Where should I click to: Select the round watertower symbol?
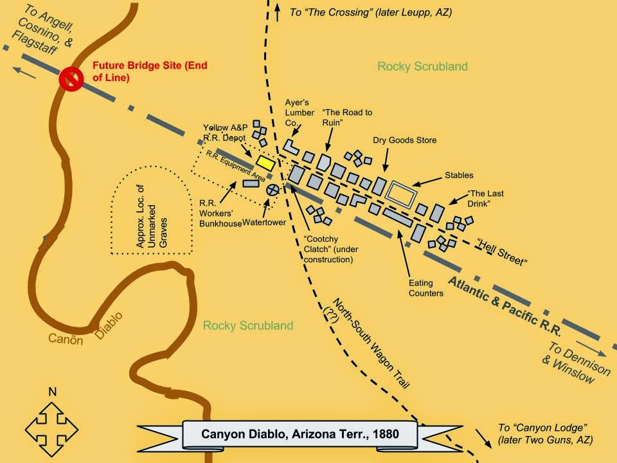[273, 189]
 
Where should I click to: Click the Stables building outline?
[402, 193]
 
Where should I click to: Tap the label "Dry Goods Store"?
[404, 140]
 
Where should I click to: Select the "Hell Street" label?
[503, 252]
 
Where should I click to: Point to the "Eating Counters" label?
[425, 288]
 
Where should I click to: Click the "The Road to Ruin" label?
[348, 117]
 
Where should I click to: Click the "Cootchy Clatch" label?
[328, 248]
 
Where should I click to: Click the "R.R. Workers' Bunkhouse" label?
[220, 212]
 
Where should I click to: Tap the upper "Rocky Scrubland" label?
[422, 66]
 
